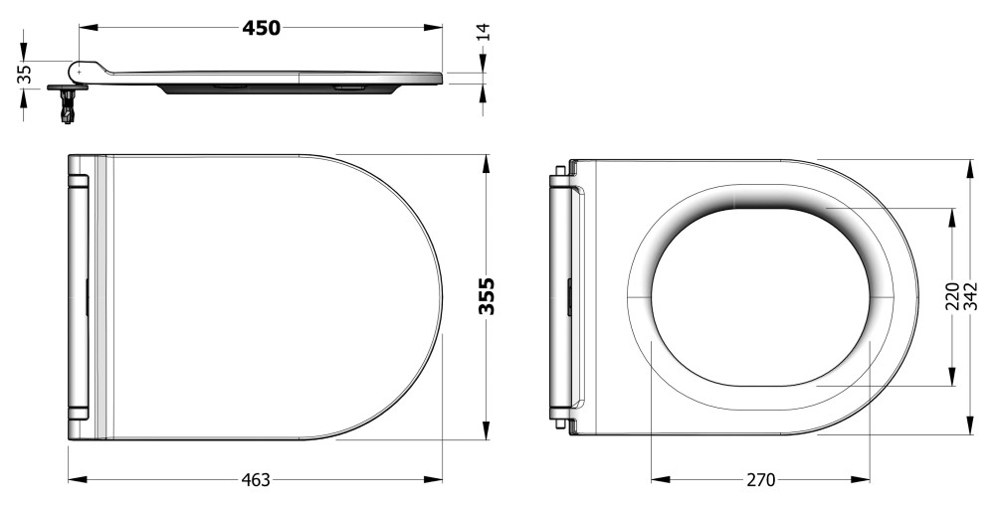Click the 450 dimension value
(261, 28)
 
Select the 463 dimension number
(257, 480)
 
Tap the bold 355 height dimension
(488, 296)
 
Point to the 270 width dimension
(760, 480)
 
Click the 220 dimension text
(952, 296)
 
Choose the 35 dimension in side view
(25, 74)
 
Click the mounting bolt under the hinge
(68, 104)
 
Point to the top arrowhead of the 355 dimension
(487, 162)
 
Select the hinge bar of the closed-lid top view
(79, 296)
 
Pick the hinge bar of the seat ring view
(559, 296)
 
